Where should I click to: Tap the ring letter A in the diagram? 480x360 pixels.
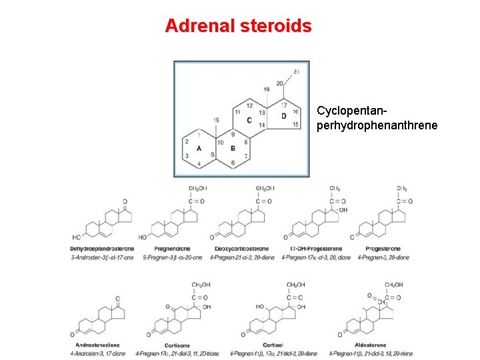pos(199,149)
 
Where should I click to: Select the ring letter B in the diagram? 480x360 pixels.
pos(232,149)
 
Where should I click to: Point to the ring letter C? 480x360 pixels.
pos(249,120)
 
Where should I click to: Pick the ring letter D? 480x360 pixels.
pos(283,116)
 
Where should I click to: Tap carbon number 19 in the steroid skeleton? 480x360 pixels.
pos(216,120)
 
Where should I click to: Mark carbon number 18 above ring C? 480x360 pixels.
pos(266,89)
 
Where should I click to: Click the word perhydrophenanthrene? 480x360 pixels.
pos(377,125)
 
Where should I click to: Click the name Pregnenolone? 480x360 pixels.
pos(173,249)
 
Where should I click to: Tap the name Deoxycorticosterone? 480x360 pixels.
pos(241,249)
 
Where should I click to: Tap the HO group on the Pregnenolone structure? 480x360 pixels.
pos(143,237)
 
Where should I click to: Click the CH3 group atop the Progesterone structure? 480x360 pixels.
pos(402,189)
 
